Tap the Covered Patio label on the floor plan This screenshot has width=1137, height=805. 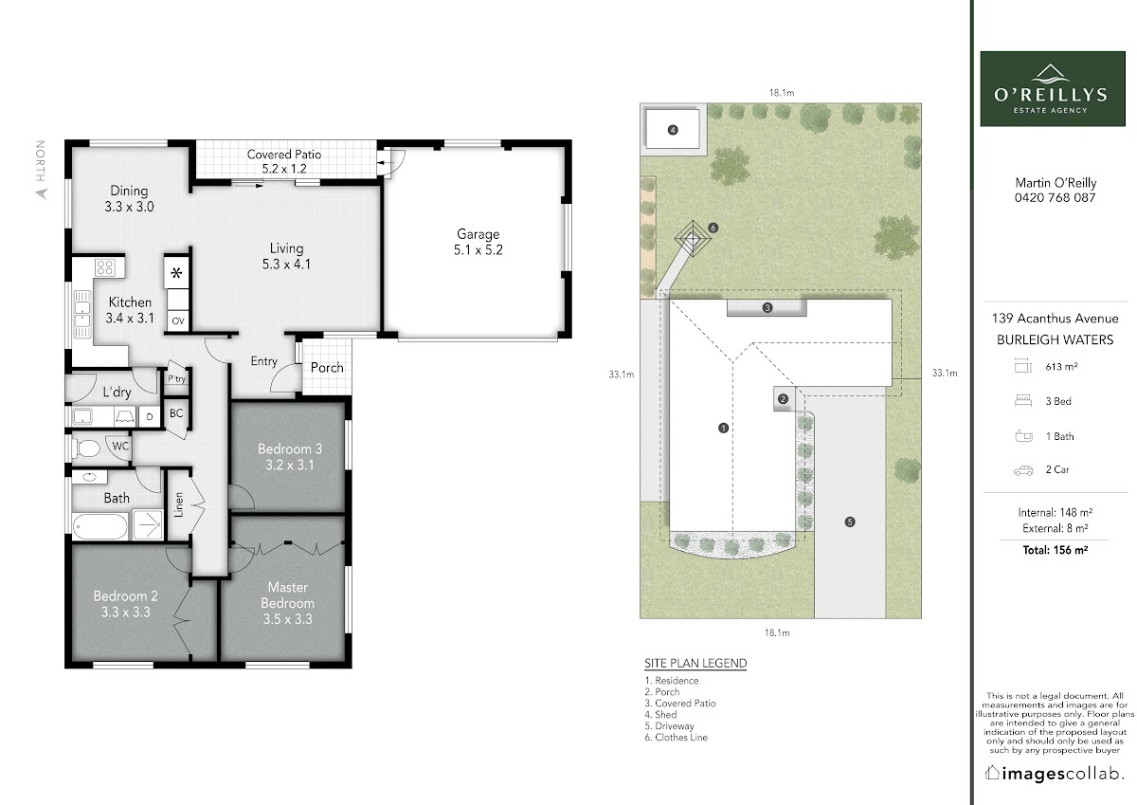click(x=284, y=155)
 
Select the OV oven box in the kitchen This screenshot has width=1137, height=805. click(x=178, y=321)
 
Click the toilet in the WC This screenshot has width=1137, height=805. click(x=86, y=448)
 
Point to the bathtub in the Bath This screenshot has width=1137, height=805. click(x=100, y=526)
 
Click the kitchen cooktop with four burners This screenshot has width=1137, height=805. click(x=105, y=267)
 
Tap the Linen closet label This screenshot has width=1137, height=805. click(x=178, y=504)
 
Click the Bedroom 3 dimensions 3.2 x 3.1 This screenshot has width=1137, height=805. click(x=289, y=465)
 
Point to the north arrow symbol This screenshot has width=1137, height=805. click(x=42, y=193)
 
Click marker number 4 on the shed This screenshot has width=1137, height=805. click(x=673, y=130)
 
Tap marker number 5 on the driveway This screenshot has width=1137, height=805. click(x=850, y=521)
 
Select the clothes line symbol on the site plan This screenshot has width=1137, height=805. click(x=693, y=238)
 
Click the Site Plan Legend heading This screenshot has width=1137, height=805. click(x=695, y=664)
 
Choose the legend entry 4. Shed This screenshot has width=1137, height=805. click(x=661, y=715)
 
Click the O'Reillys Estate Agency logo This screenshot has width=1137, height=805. click(x=1053, y=88)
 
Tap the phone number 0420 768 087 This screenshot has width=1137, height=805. click(x=1056, y=197)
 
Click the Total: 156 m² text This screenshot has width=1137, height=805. click(x=1056, y=550)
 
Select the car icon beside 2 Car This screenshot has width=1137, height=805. click(x=1023, y=470)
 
